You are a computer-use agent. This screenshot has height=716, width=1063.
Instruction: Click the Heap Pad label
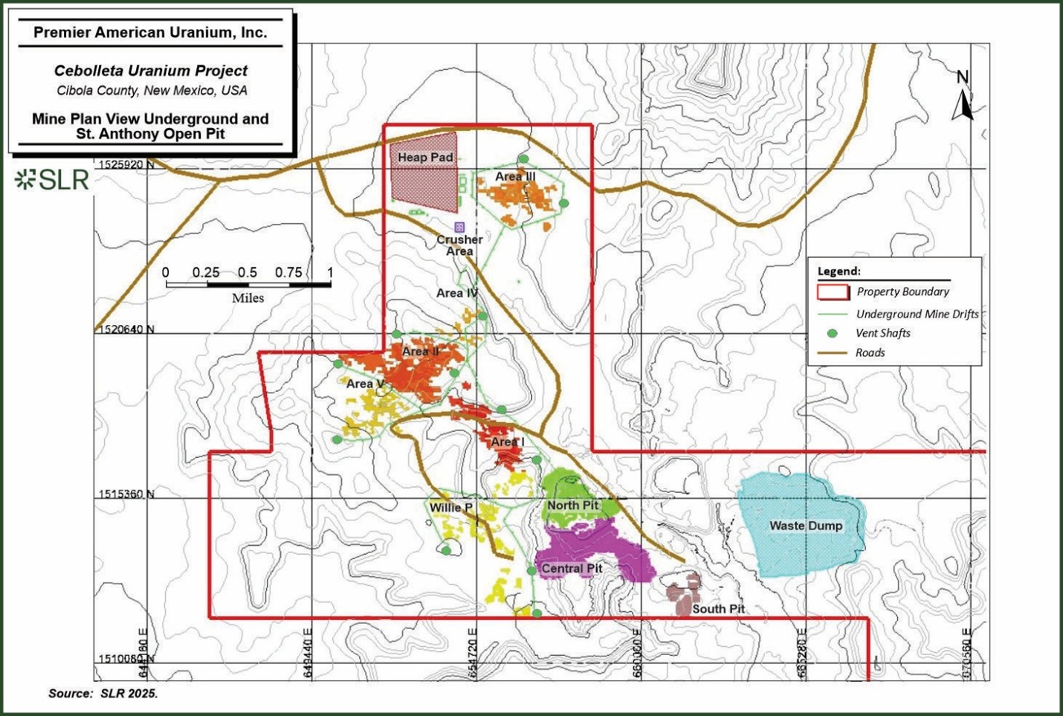(x=424, y=158)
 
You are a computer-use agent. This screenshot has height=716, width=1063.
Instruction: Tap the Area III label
(x=515, y=176)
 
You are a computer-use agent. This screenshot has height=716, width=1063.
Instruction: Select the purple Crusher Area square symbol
(x=459, y=227)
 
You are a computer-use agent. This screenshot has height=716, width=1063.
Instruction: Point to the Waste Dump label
(x=806, y=526)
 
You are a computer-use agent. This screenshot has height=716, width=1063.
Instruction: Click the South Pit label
(x=718, y=609)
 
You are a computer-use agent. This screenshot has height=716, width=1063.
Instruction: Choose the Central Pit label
(x=572, y=569)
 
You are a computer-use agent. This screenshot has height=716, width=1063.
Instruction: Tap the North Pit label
(x=572, y=506)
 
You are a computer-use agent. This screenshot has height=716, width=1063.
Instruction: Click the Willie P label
(x=451, y=508)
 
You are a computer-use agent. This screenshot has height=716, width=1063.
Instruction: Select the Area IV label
(x=456, y=293)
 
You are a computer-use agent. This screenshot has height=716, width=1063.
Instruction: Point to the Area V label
(x=365, y=384)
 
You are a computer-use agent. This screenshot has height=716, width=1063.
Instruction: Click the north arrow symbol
(x=963, y=97)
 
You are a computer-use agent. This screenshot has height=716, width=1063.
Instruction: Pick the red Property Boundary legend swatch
(x=833, y=292)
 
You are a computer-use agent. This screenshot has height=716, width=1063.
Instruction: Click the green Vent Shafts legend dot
(x=833, y=334)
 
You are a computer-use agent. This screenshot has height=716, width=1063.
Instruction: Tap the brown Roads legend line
(x=833, y=353)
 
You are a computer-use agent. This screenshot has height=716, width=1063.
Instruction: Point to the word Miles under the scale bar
(x=248, y=298)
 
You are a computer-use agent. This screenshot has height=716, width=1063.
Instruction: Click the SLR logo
(x=52, y=179)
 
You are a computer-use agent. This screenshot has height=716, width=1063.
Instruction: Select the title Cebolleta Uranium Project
(x=151, y=71)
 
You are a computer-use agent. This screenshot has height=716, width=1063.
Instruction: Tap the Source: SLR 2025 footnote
(x=103, y=694)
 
